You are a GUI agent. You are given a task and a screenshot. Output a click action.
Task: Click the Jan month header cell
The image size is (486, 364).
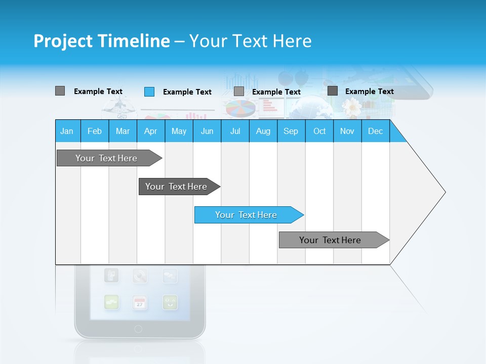(x=67, y=131)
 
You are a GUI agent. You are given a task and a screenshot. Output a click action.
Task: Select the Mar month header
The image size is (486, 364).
(x=123, y=131)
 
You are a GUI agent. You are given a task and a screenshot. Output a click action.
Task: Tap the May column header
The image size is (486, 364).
(x=179, y=131)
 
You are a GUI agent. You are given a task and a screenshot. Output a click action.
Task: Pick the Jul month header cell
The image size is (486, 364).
(x=235, y=131)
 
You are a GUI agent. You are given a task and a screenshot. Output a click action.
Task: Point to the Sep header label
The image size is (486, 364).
(x=291, y=131)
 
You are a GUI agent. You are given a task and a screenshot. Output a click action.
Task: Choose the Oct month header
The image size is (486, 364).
(x=319, y=131)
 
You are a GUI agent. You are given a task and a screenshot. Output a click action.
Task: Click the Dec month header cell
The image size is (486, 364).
(x=375, y=131)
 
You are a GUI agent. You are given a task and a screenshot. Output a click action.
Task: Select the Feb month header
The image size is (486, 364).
(x=95, y=131)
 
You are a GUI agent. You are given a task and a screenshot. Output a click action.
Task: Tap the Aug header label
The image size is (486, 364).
(x=263, y=131)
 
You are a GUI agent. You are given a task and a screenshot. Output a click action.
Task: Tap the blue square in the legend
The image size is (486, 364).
(x=149, y=92)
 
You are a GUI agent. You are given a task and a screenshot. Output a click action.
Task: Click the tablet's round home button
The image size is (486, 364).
(x=138, y=329)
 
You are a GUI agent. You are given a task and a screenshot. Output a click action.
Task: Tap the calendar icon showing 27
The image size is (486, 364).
(x=140, y=302)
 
